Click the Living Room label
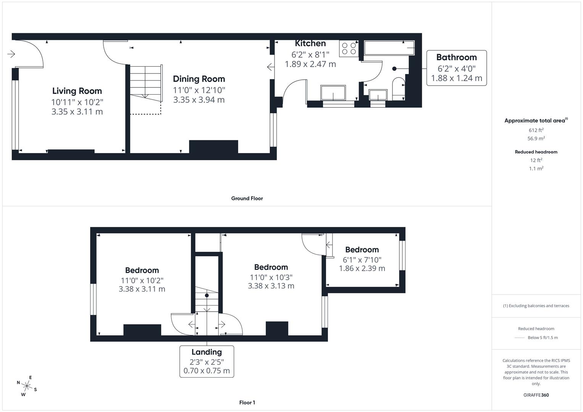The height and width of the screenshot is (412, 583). pos(77,91)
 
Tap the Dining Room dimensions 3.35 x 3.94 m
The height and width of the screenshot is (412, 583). pos(199,100)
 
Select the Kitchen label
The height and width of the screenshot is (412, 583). pos(310,43)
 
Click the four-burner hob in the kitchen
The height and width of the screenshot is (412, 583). pos(349,48)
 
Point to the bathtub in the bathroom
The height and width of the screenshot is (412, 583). pos(389,48)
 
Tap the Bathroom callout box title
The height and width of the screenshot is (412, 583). pos(456,57)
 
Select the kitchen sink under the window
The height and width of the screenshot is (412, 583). pos(333,93)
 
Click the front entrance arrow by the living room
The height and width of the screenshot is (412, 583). pos(11,54)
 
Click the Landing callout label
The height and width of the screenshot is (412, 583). pos(207,352)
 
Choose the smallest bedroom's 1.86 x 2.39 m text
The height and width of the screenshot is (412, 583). pos(362,269)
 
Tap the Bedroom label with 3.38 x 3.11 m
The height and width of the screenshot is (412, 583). pos(142,270)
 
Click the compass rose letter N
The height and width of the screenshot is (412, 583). pos(18,383)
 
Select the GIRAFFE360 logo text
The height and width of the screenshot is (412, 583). pos(536,395)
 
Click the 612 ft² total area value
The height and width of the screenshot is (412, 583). pos(536,130)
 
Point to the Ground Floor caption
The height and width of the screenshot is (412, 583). pos(247,198)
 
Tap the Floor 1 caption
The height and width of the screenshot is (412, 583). pos(247,402)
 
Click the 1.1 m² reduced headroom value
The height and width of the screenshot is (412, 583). pos(536,169)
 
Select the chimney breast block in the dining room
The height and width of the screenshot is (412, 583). pos(213,147)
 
